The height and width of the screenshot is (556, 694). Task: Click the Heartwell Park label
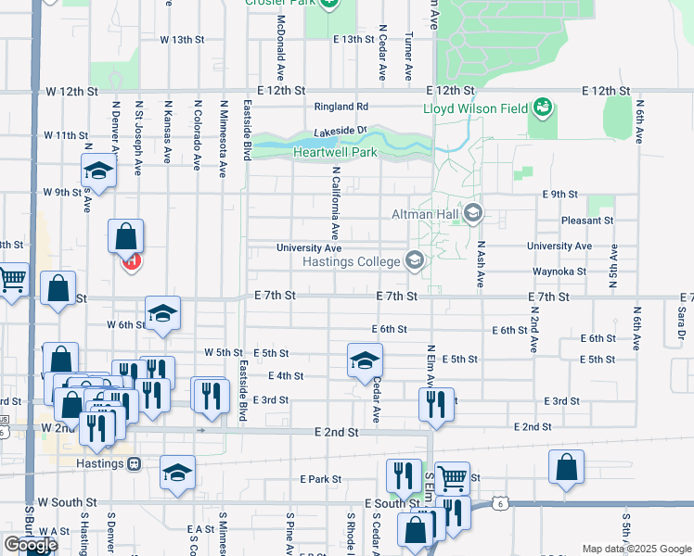336,152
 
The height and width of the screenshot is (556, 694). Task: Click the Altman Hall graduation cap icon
472,214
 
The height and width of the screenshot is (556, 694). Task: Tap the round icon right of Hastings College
414,261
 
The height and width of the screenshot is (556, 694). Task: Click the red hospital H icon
131,261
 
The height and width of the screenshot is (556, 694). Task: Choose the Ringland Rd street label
341,107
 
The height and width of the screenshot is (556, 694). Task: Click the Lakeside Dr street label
341,132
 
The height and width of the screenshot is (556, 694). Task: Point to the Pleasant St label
587,221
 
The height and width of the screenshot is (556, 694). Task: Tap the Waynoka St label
559,272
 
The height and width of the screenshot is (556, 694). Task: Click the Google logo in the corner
31,545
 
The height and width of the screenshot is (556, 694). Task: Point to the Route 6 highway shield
500,503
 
